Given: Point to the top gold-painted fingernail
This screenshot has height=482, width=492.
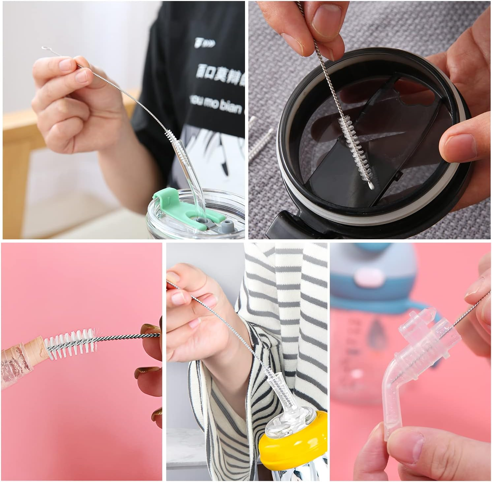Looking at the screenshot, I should tap(150, 330).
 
